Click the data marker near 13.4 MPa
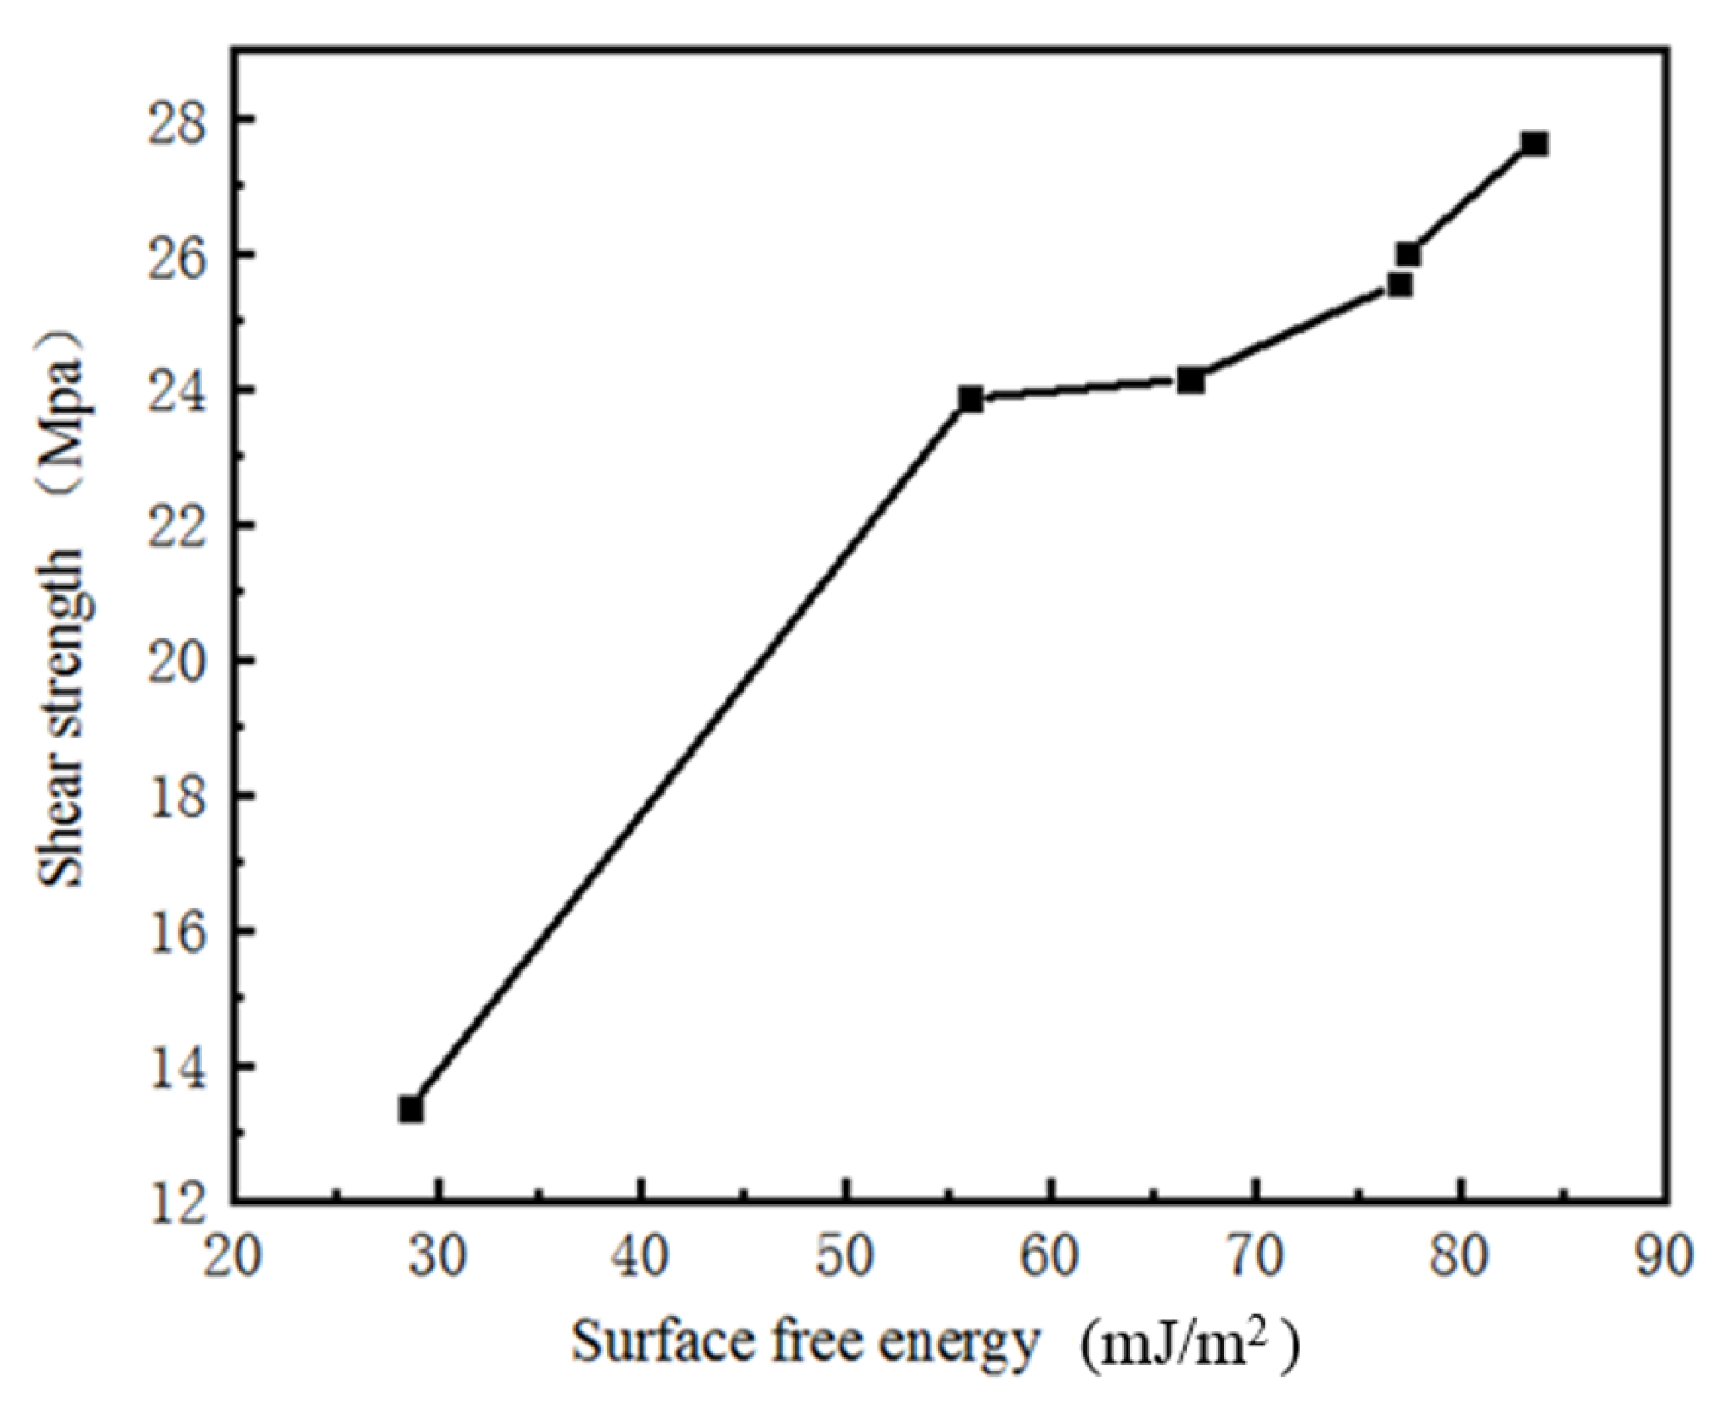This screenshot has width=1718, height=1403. click(411, 1109)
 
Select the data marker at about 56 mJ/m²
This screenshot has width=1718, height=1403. click(971, 399)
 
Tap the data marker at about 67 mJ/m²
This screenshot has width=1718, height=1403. click(1190, 380)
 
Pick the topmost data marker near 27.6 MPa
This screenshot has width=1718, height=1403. click(1534, 144)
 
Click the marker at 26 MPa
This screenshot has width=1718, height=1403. click(1408, 254)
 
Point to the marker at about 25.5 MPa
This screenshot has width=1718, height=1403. click(1400, 285)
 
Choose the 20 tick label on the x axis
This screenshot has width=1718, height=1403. click(232, 1258)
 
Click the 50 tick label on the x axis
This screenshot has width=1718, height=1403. click(845, 1258)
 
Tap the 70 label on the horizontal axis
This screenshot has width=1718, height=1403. click(1255, 1258)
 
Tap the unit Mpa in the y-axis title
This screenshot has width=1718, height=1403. click(63, 394)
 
